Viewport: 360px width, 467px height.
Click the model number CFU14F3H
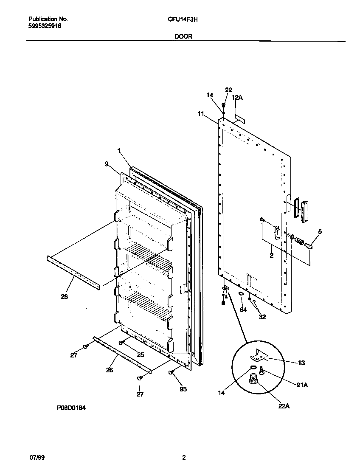click(177, 19)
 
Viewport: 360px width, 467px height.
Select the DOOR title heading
click(183, 37)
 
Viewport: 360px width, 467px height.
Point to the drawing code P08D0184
click(72, 407)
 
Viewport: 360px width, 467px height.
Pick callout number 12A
click(237, 97)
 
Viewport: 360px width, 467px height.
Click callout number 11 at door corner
click(201, 113)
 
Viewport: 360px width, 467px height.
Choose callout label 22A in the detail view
click(284, 406)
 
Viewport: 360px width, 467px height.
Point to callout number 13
click(301, 363)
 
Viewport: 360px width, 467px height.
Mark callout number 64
click(243, 310)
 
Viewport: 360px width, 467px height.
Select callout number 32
click(262, 316)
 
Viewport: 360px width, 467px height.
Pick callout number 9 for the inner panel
click(106, 163)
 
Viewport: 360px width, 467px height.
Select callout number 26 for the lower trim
click(109, 370)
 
